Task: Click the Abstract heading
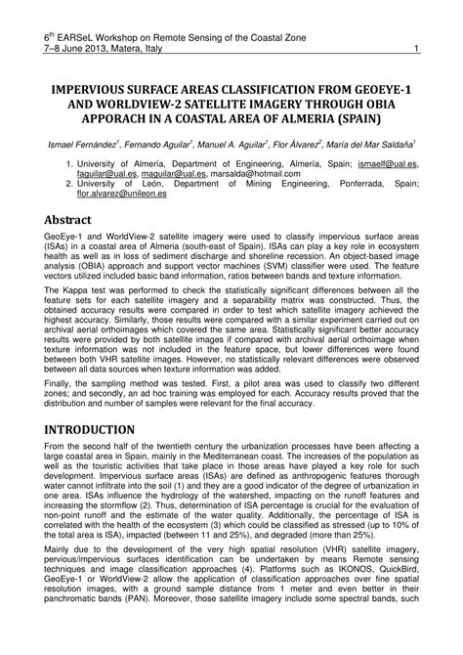pos(77,220)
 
